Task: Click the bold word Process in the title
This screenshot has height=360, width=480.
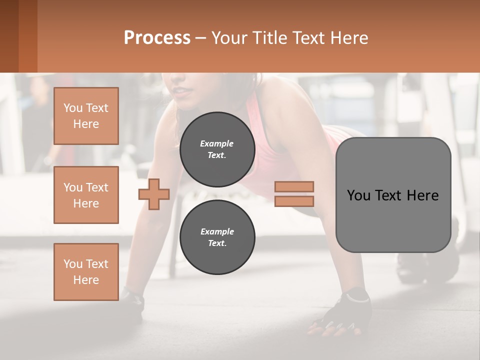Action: pyautogui.click(x=157, y=38)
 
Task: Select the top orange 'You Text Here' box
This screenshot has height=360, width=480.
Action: pyautogui.click(x=86, y=116)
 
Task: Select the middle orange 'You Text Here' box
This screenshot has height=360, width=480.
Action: pyautogui.click(x=86, y=195)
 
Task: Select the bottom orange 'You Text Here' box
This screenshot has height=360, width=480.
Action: pyautogui.click(x=86, y=272)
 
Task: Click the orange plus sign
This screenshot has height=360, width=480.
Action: pyautogui.click(x=154, y=194)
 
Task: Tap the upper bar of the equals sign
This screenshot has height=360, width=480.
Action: pyautogui.click(x=294, y=186)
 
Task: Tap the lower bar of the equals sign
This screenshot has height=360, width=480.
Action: pyautogui.click(x=294, y=201)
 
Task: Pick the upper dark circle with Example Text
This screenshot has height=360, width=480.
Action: pyautogui.click(x=217, y=149)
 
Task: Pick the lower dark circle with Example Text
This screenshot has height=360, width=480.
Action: pyautogui.click(x=217, y=237)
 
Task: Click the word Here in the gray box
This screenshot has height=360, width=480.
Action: pyautogui.click(x=422, y=195)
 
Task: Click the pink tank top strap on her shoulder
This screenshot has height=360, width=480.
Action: pyautogui.click(x=250, y=105)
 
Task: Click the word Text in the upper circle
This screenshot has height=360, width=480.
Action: pyautogui.click(x=217, y=155)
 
